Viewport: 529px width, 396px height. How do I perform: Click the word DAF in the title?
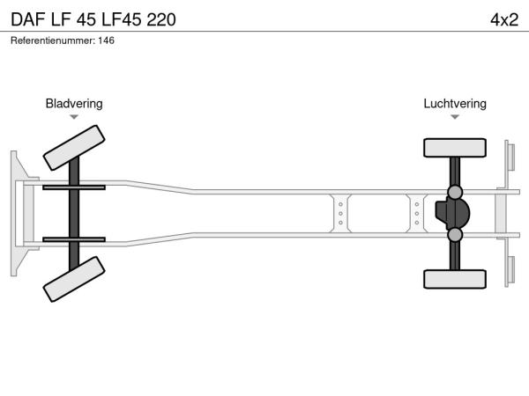(28, 19)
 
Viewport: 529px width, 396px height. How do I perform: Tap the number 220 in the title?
(161, 19)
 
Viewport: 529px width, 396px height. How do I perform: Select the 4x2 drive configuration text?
(504, 19)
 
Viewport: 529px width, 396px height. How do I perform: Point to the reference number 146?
(107, 40)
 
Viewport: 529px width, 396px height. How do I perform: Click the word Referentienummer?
(53, 40)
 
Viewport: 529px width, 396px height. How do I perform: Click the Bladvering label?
(74, 104)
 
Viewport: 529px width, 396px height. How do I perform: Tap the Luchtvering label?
(455, 104)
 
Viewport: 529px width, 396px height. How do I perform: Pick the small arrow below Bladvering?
(74, 117)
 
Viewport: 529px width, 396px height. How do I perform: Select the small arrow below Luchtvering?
(455, 117)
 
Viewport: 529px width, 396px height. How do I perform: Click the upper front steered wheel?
(74, 148)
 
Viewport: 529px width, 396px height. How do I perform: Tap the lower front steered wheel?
(74, 279)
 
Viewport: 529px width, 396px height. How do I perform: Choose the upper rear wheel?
(455, 148)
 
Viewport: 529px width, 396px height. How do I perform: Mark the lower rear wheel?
(455, 279)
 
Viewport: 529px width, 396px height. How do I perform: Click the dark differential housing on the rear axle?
(452, 214)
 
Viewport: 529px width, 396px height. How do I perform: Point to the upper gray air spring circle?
(455, 192)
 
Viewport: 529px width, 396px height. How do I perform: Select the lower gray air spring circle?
(455, 235)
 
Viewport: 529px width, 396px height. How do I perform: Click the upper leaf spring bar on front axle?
(74, 187)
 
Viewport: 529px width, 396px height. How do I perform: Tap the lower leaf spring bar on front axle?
(74, 239)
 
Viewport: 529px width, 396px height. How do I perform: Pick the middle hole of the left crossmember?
(340, 214)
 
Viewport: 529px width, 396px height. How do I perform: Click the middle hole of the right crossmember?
(417, 214)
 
